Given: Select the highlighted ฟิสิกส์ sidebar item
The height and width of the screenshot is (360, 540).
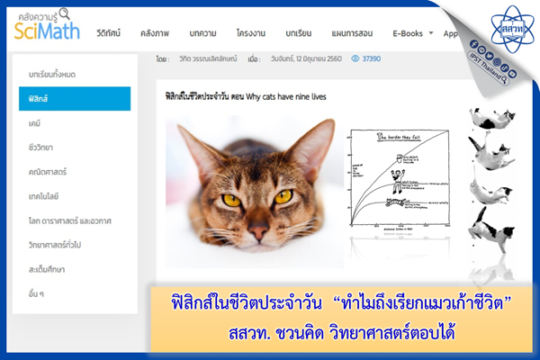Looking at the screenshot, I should point(74,98).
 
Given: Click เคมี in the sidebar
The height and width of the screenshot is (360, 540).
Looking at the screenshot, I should point(36,122).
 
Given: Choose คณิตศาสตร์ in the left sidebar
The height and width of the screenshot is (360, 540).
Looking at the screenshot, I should point(48,171).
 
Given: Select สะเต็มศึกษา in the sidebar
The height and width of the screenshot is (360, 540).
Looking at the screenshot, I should point(47,268).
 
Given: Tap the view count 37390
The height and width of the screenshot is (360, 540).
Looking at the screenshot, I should point(370,58).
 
